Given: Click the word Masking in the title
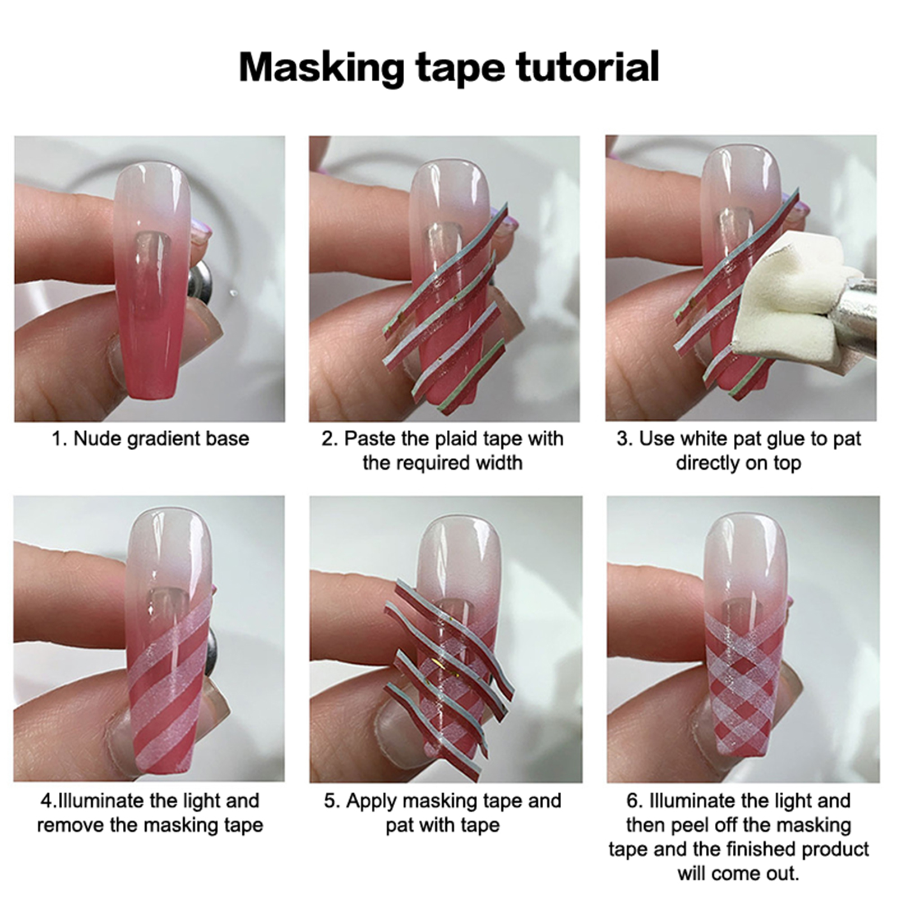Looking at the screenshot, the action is (322, 68).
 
